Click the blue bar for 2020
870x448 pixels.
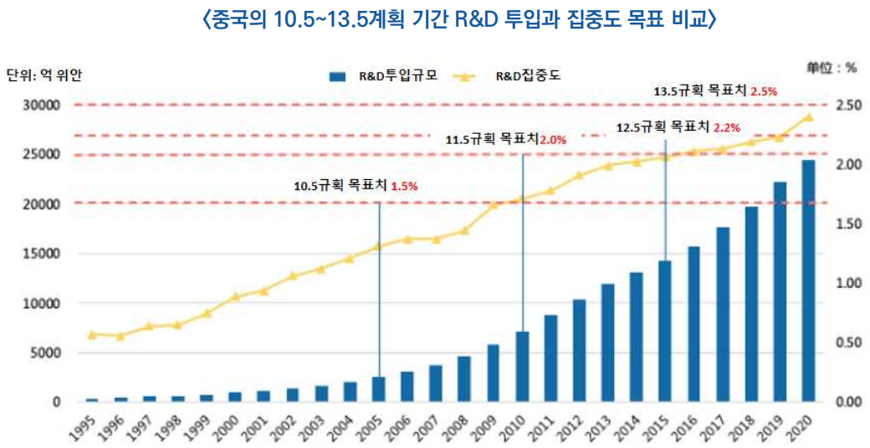pyautogui.click(x=808, y=281)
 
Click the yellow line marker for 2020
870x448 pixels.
pyautogui.click(x=808, y=117)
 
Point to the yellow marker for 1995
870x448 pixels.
pyautogui.click(x=92, y=334)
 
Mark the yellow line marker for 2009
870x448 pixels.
pyautogui.click(x=494, y=204)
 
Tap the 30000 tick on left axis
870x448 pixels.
pyautogui.click(x=44, y=106)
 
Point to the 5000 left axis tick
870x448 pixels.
pyautogui.click(x=48, y=353)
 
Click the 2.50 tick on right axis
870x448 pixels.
pyautogui.click(x=845, y=106)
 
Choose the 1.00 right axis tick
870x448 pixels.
pyautogui.click(x=845, y=283)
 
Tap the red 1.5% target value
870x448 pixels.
pyautogui.click(x=404, y=187)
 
